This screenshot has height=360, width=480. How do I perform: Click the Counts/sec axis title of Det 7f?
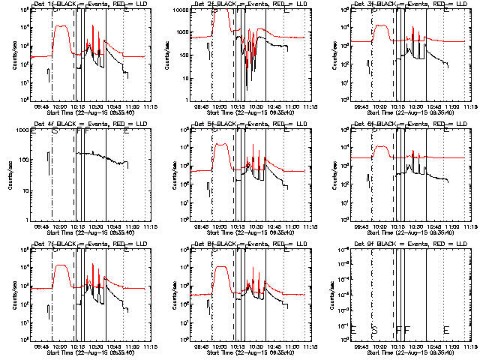[x=7, y=295]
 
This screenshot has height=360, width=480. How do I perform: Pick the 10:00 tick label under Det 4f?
[x=59, y=227]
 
